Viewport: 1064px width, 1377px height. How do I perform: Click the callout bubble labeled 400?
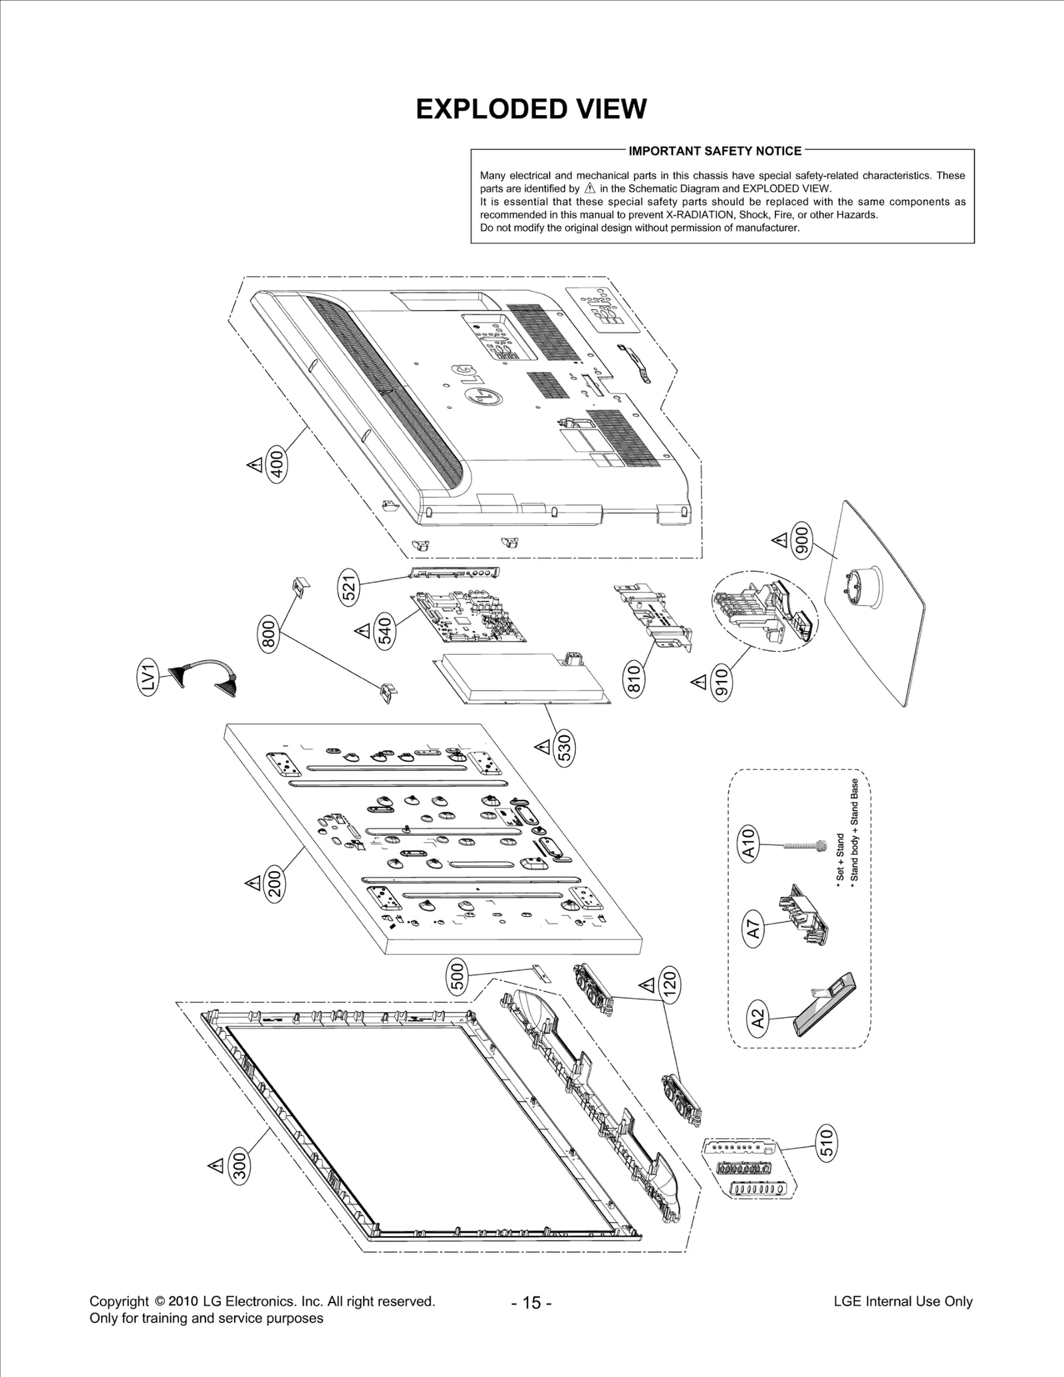[x=278, y=464]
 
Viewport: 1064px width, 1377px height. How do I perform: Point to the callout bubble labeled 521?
[x=350, y=585]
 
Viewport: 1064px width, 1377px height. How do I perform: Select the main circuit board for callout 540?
[x=471, y=618]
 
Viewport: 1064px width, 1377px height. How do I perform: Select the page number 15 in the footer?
[x=531, y=1303]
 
